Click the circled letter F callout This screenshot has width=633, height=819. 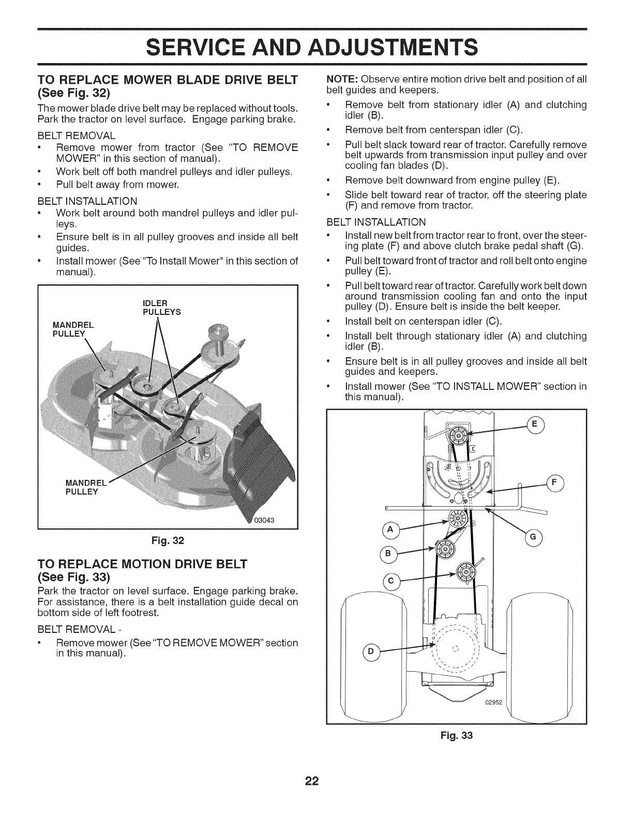coord(555,484)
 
